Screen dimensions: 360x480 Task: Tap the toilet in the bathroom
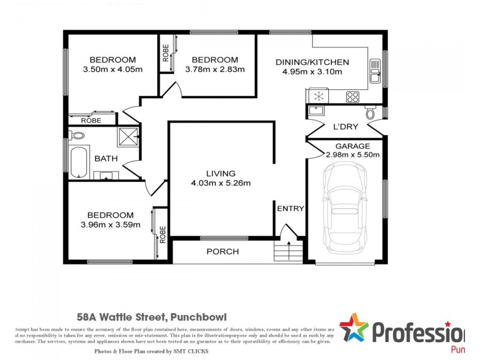tap(76, 135)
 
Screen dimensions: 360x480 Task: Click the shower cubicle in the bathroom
tap(128, 136)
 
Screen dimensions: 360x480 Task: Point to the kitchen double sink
tap(375, 71)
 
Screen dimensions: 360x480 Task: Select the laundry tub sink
tap(316, 110)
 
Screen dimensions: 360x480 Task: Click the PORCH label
tap(223, 251)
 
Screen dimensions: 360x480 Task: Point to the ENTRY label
tap(290, 209)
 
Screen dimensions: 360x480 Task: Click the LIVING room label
tap(221, 173)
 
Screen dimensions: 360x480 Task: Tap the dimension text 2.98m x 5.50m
tap(353, 154)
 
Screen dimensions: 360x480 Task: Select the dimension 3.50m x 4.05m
tap(113, 69)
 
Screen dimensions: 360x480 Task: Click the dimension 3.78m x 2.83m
tap(215, 69)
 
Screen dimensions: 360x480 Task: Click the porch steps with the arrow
tap(289, 250)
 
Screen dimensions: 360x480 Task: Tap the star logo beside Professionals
tap(353, 329)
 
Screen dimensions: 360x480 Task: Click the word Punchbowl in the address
tap(198, 316)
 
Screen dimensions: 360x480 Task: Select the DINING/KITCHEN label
tap(312, 62)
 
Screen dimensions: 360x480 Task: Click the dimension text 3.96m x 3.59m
tap(110, 225)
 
